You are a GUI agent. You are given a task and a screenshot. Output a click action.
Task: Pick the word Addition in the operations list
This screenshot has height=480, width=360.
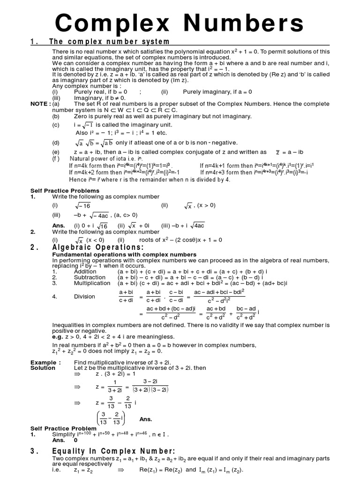click(x=85, y=271)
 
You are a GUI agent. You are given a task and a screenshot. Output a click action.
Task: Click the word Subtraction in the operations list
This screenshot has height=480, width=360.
click(x=90, y=277)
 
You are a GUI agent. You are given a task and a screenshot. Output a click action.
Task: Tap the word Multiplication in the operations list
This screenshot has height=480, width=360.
click(x=92, y=283)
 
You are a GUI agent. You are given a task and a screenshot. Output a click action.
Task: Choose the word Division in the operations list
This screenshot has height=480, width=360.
click(x=84, y=296)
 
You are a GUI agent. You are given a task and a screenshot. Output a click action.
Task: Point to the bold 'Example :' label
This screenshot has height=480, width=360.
click(x=45, y=362)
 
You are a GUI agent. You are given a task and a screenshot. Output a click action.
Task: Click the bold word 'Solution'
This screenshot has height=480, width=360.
click(x=43, y=368)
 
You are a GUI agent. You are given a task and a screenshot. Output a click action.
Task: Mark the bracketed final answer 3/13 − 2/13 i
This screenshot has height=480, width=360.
click(x=111, y=418)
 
